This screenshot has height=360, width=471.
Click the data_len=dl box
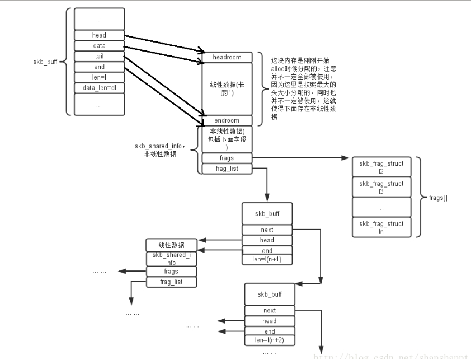click(99, 88)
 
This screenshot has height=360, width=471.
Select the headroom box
click(227, 57)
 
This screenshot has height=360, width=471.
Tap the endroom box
click(227, 120)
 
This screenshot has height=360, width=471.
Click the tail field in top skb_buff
click(99, 56)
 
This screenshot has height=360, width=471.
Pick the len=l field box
click(99, 77)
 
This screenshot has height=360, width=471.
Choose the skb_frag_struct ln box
click(380, 227)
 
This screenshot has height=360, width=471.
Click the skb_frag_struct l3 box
click(380, 187)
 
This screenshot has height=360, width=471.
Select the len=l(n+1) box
click(267, 259)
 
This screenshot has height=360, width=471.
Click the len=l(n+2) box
click(269, 339)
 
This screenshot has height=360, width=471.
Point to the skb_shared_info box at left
click(172, 259)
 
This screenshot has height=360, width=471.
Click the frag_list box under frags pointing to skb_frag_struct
click(227, 169)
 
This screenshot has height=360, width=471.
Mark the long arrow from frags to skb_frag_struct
click(302, 159)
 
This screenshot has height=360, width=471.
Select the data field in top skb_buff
click(99, 45)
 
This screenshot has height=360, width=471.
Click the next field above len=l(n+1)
click(267, 230)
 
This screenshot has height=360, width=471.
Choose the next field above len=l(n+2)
click(269, 310)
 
